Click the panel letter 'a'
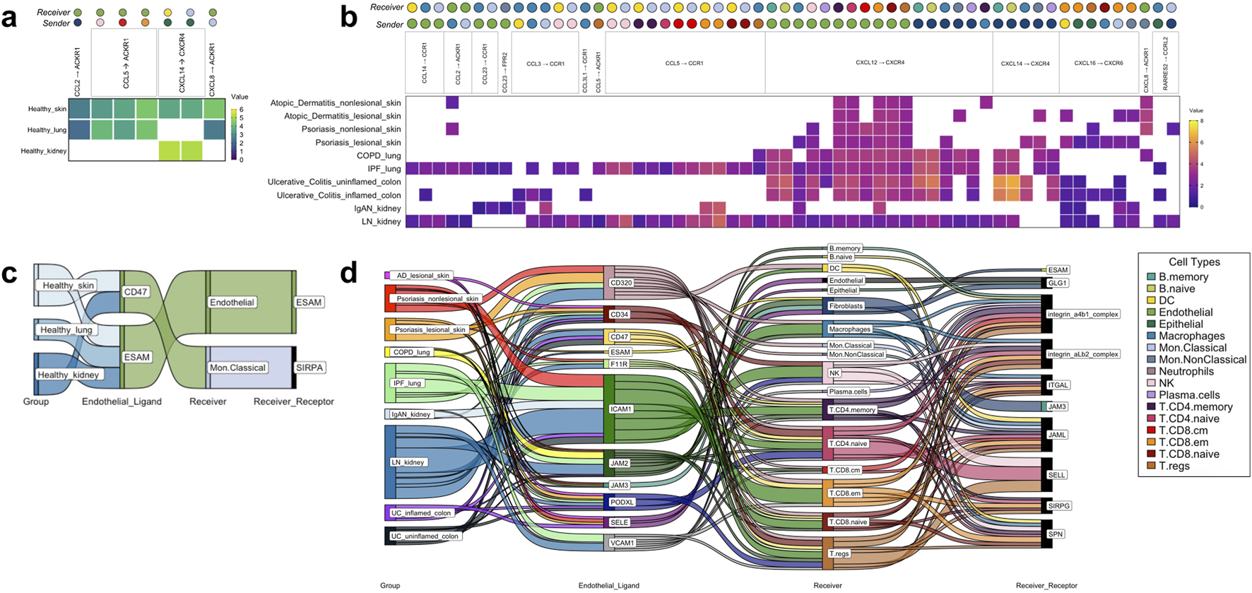[9, 18]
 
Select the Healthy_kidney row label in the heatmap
[43, 151]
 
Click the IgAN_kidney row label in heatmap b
[377, 209]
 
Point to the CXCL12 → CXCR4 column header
[880, 63]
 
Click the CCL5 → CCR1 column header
[684, 64]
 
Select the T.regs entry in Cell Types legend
[1174, 466]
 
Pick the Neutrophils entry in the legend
[1186, 371]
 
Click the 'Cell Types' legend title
[1194, 262]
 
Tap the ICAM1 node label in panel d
[621, 409]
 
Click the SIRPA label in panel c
[309, 368]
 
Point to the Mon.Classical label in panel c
[237, 368]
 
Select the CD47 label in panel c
[135, 291]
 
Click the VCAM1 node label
[622, 543]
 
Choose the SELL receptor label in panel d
[1057, 475]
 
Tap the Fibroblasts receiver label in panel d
[846, 306]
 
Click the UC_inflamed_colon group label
[421, 513]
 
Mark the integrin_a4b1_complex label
[1083, 314]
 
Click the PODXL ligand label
[622, 503]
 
